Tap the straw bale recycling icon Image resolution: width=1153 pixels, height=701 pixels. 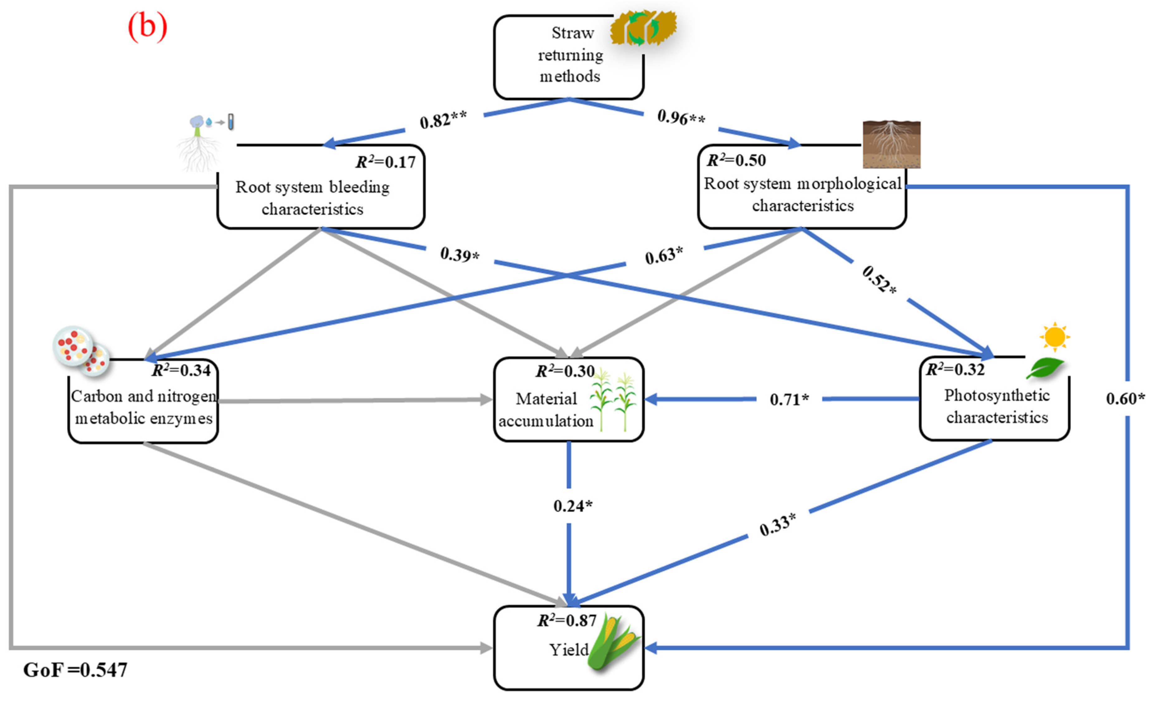[643, 28]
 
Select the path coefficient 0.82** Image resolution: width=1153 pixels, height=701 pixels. [443, 120]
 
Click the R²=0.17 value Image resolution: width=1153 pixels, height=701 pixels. [386, 162]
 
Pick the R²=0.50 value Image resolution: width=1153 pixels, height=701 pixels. [736, 160]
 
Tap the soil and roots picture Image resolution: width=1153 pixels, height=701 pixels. [891, 144]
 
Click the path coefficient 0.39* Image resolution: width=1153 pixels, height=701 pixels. [459, 254]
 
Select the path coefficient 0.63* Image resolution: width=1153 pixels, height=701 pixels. [663, 255]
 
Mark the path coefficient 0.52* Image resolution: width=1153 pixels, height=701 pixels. [879, 280]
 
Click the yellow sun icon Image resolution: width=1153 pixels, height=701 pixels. [1055, 336]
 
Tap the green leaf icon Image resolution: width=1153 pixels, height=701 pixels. [1045, 367]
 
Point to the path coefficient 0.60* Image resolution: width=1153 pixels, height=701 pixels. [1125, 399]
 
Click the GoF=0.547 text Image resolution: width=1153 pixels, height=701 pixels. [75, 670]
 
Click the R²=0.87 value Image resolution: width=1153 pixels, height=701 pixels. [567, 621]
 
